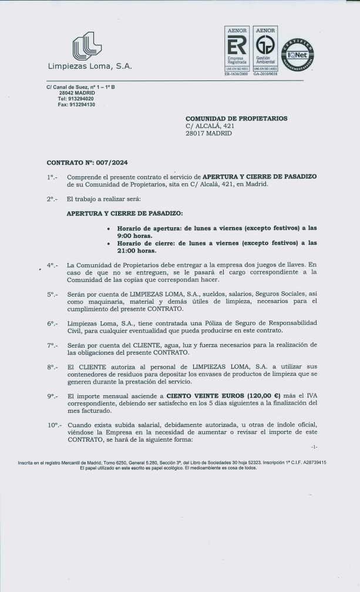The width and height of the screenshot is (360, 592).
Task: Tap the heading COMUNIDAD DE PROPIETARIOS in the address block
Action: pos(236,118)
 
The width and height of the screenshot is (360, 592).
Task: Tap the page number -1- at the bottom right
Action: pos(314,447)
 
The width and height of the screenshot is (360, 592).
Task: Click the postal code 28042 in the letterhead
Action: pos(66,93)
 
